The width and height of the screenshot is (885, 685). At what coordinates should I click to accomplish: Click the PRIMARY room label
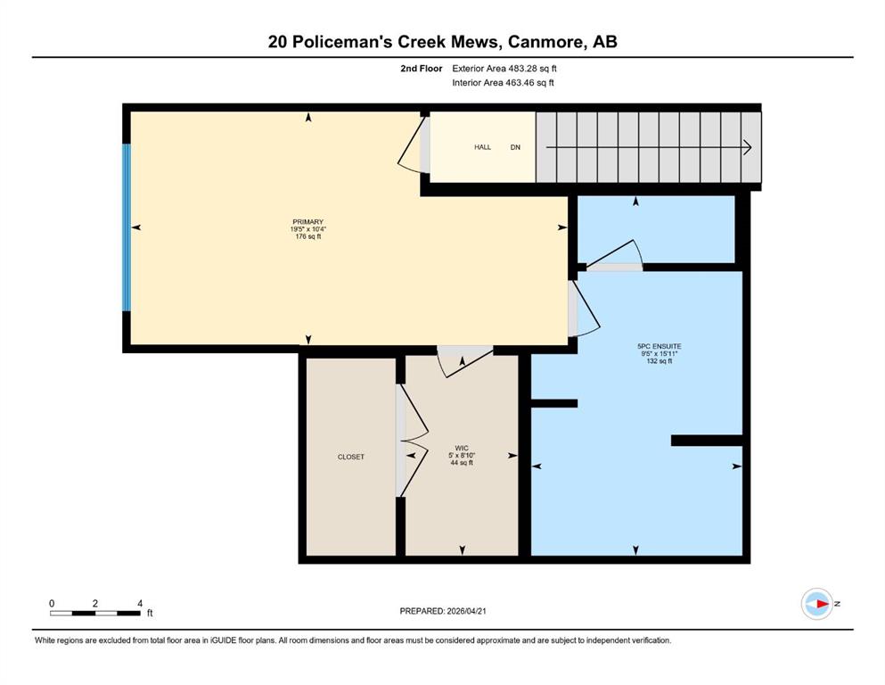[307, 222]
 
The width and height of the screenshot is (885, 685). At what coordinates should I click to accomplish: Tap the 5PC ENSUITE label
[660, 346]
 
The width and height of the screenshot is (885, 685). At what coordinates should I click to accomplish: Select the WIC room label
[462, 448]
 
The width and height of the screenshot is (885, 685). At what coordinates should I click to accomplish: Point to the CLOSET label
[351, 457]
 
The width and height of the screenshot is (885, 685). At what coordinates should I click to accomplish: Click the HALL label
[482, 147]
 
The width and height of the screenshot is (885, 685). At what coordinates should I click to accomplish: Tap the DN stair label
[515, 147]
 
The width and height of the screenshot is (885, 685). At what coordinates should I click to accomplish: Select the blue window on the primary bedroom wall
[127, 227]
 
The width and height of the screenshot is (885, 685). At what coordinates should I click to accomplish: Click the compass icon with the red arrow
[817, 604]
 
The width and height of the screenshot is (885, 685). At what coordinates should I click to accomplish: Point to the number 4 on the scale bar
[140, 603]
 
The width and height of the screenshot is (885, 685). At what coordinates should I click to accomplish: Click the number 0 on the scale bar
[52, 603]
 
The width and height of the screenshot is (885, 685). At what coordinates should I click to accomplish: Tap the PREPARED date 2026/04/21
[466, 611]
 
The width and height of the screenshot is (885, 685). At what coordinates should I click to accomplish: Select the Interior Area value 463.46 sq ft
[529, 82]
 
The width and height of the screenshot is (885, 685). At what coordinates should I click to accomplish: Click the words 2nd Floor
[422, 69]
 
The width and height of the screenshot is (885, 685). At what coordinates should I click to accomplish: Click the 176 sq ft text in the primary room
[308, 236]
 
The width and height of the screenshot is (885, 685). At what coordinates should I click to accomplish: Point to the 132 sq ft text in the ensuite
[660, 361]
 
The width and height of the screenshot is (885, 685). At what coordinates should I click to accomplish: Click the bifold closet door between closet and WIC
[412, 441]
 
